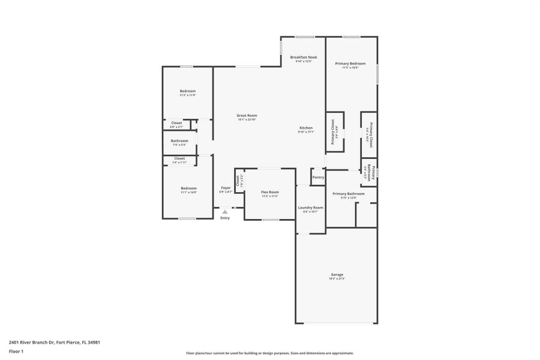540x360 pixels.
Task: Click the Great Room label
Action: tap(247, 115)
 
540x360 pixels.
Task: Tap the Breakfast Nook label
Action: tap(304, 57)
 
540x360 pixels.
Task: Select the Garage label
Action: tap(337, 275)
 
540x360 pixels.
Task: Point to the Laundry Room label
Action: tap(310, 208)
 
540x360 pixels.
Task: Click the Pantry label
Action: tap(318, 177)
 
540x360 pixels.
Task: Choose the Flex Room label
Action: tap(269, 192)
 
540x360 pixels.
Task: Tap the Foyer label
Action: tap(226, 188)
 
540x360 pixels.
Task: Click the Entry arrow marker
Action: tap(225, 211)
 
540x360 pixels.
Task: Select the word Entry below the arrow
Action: tap(225, 218)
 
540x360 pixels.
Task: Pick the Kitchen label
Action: tap(305, 128)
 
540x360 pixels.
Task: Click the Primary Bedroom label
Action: tap(350, 63)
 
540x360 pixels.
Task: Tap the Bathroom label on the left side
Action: tap(179, 140)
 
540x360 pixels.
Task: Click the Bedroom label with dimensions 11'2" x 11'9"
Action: tap(188, 91)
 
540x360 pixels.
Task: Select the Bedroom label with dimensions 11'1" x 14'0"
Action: tap(188, 188)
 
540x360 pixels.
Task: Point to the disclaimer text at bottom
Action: tap(269, 353)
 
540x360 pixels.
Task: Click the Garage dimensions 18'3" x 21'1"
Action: tap(337, 279)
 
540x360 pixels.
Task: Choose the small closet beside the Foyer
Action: tap(239, 181)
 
